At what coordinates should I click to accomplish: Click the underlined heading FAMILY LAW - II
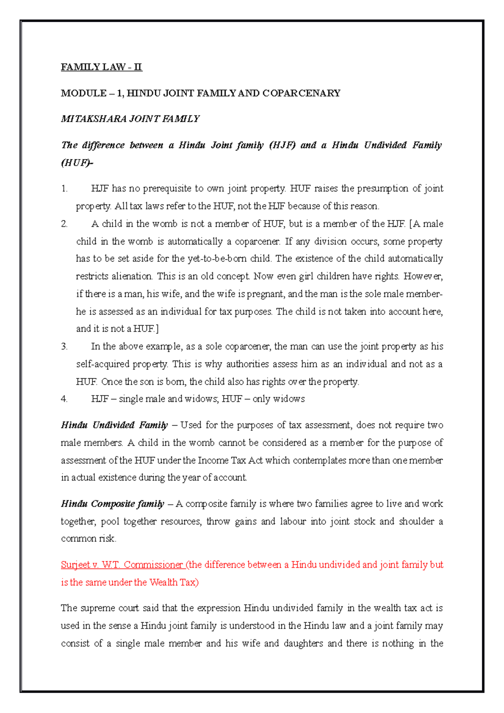pos(101,67)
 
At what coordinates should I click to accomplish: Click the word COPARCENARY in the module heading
pos(301,93)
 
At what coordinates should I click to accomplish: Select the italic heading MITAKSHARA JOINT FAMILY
pos(130,119)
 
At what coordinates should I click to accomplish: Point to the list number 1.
pos(64,189)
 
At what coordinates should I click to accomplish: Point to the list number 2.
pos(64,224)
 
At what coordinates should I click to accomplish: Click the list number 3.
pos(64,347)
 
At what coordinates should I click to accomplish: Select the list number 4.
pos(64,399)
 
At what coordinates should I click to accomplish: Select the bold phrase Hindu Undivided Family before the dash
pos(114,425)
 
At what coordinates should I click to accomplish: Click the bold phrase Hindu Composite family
pos(112,504)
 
